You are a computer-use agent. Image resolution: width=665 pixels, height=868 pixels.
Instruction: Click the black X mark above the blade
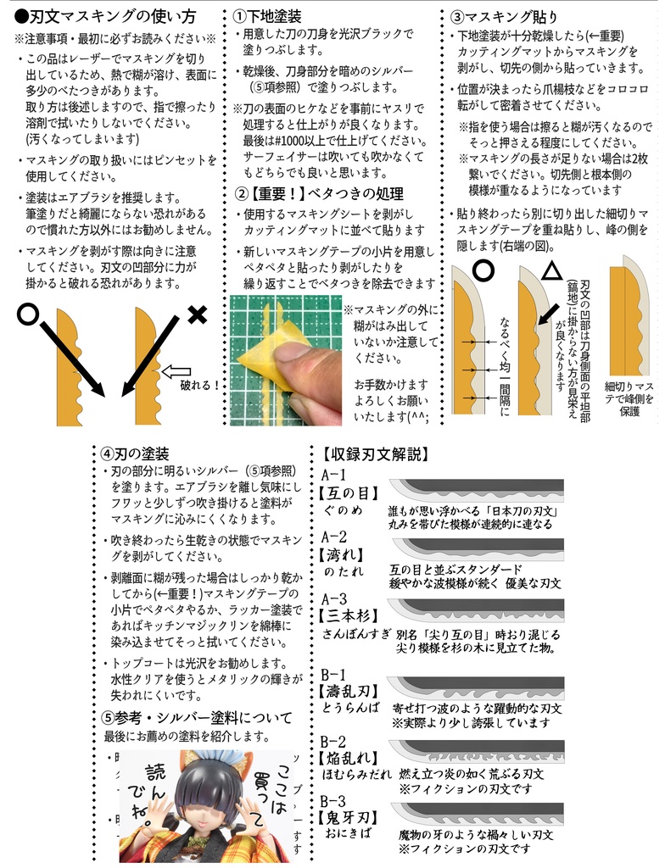pyautogui.click(x=196, y=315)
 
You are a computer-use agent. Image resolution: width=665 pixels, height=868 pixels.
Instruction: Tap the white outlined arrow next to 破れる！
pyautogui.click(x=176, y=370)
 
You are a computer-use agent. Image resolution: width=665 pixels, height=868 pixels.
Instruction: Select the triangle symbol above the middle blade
pyautogui.click(x=551, y=271)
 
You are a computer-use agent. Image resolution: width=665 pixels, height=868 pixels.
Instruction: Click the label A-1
pyautogui.click(x=334, y=475)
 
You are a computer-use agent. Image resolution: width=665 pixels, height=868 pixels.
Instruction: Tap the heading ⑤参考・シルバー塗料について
pyautogui.click(x=196, y=717)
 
